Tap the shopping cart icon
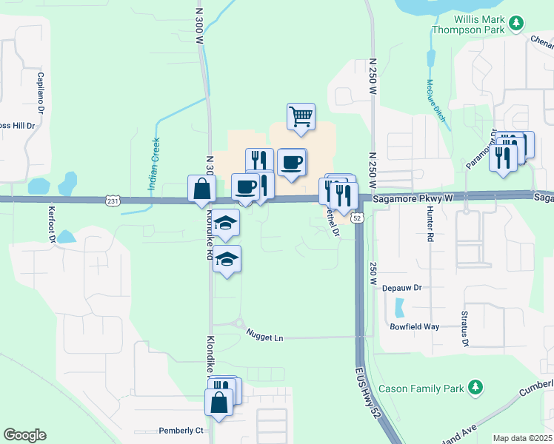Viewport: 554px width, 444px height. pos(301,116)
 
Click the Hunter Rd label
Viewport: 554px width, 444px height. pos(430,224)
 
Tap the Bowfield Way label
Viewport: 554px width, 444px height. pos(415,326)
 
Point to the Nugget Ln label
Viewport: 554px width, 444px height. pos(265,337)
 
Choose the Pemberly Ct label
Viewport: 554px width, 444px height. pos(181,431)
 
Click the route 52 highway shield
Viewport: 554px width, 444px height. pos(357,218)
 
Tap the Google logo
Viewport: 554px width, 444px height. pos(24,435)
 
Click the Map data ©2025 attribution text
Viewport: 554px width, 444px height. pos(521,438)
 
